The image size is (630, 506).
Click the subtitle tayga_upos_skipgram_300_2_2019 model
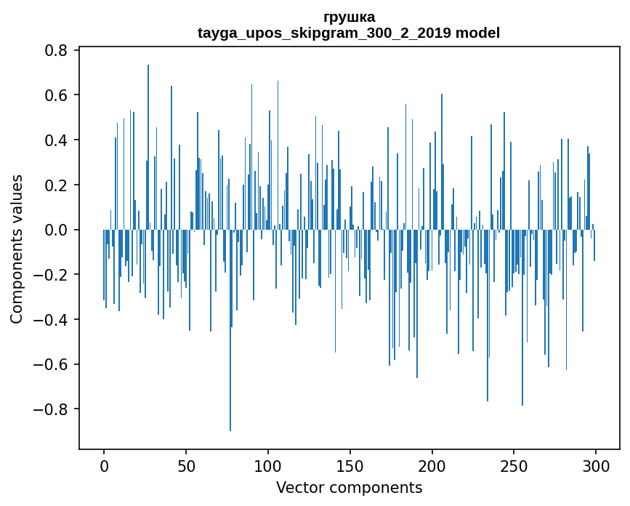[349, 33]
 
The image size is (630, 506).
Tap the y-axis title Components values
[17, 249]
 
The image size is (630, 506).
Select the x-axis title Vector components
[349, 487]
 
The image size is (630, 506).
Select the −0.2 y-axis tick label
[52, 275]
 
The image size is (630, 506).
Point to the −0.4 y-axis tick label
[52, 319]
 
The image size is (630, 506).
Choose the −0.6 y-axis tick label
[52, 364]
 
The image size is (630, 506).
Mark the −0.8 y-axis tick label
[52, 409]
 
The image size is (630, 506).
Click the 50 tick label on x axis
[186, 465]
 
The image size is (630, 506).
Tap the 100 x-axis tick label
[268, 465]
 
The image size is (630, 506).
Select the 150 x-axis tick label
[350, 465]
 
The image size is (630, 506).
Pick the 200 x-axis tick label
[432, 465]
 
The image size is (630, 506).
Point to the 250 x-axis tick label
[514, 465]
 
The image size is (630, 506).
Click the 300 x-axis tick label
[596, 465]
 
